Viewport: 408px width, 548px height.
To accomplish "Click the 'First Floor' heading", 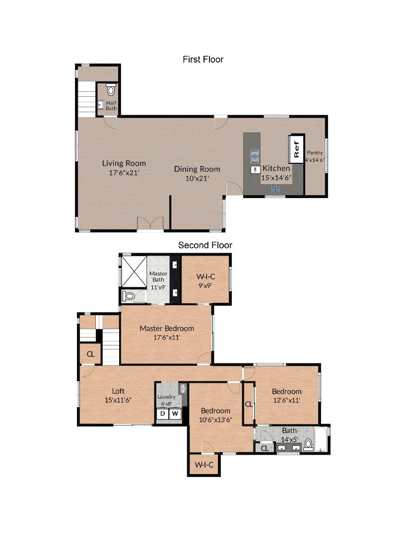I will (x=203, y=60).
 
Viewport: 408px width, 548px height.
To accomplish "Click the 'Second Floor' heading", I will (x=205, y=245).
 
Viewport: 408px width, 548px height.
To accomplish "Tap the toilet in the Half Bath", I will (x=111, y=90).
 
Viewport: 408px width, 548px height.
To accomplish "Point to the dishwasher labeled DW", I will (x=255, y=169).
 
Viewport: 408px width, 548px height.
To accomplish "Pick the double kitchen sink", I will (x=255, y=155).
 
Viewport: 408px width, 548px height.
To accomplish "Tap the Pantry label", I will (x=314, y=153).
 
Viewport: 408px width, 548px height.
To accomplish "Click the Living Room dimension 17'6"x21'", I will (x=124, y=173).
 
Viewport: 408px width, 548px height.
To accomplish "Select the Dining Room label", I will (x=197, y=169).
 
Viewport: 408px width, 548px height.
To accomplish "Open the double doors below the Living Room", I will (x=150, y=225).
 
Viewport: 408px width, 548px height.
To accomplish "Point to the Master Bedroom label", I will (x=166, y=328).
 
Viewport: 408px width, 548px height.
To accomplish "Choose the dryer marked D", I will (x=163, y=413).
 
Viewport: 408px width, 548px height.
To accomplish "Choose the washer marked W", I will (x=176, y=413).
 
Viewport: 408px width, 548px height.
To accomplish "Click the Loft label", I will (x=118, y=391).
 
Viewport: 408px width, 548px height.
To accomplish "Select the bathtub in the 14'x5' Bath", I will (x=322, y=439).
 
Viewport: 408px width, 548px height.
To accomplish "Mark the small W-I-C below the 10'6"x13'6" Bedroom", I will (x=204, y=465).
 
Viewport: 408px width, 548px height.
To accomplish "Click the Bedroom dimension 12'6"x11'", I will (x=286, y=400).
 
